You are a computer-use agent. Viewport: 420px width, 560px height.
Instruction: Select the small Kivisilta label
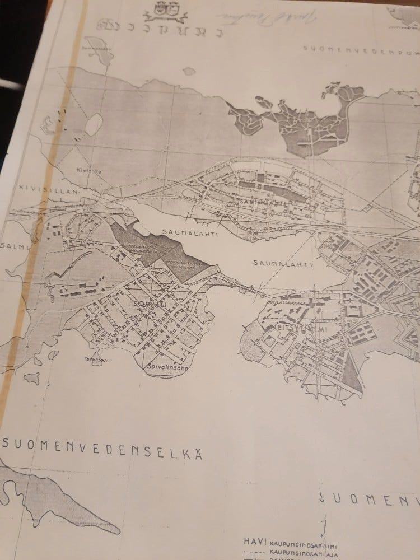point(86,167)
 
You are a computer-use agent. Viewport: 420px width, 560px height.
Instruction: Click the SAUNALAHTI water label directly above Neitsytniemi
point(277,262)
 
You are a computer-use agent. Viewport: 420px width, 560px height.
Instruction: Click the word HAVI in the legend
point(255,542)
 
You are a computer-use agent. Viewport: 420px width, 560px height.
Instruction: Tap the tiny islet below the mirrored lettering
point(189,71)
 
